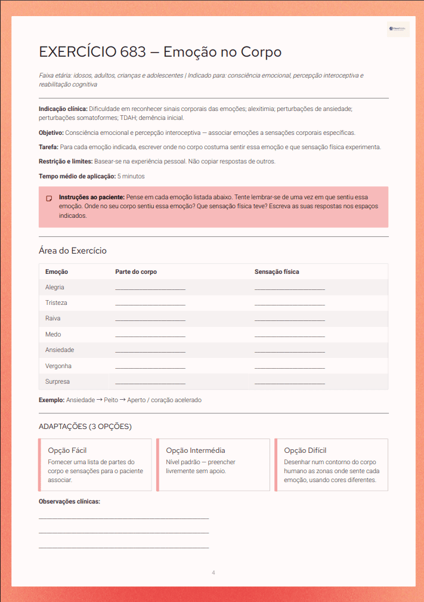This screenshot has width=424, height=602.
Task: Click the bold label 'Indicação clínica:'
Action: tap(63, 109)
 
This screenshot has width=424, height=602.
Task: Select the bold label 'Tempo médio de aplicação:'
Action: tap(77, 176)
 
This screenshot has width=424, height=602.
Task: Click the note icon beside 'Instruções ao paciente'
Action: tap(49, 198)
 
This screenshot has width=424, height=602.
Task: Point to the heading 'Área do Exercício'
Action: tap(73, 251)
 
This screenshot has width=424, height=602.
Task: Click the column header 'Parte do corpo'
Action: tap(136, 271)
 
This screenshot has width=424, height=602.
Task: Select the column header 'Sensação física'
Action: tap(277, 271)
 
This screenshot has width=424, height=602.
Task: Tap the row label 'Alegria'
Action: tap(55, 287)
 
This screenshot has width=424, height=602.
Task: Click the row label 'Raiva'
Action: tap(53, 318)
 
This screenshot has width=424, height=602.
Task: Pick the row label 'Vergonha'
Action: tap(58, 366)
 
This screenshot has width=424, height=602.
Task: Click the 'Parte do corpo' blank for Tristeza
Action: tap(150, 304)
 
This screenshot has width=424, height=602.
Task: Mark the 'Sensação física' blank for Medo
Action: tap(290, 336)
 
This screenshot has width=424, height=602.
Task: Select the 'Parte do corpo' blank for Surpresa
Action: tap(150, 383)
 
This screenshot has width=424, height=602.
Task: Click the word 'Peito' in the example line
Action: tap(111, 400)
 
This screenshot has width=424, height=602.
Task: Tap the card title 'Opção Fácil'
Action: tap(67, 450)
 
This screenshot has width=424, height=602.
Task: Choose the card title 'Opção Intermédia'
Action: tap(196, 450)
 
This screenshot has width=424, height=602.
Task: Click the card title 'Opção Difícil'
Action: tap(305, 450)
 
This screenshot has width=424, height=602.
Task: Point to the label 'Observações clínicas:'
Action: tap(69, 501)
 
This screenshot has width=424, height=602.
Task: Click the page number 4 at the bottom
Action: tap(213, 573)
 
